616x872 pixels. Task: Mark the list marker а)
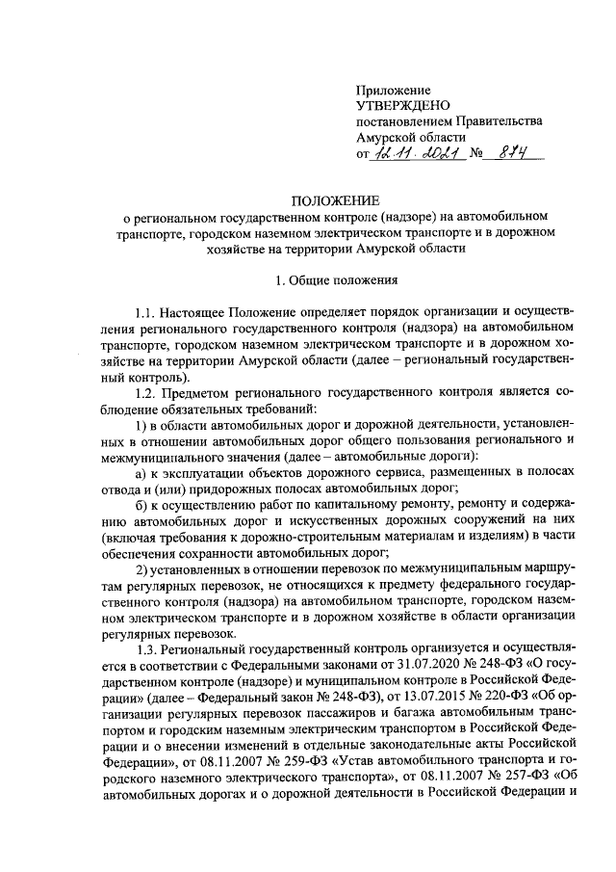click(141, 473)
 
